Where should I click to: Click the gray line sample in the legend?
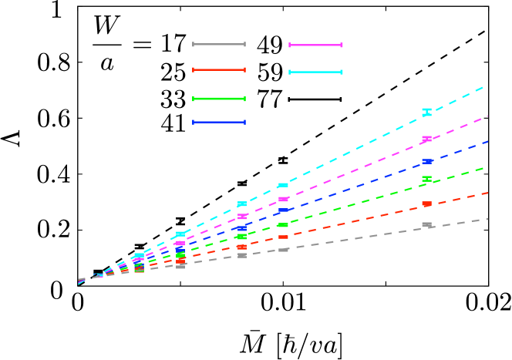coord(219,45)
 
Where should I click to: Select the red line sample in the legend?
coord(219,70)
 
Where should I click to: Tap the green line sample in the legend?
coord(219,99)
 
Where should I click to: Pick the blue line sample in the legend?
coord(219,122)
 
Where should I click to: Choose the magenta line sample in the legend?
coord(315,45)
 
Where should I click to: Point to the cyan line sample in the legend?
coord(315,72)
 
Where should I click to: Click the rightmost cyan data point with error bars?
coord(426,113)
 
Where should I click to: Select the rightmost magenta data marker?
coord(426,139)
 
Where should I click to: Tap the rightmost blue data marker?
coord(426,161)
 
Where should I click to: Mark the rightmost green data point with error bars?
coord(426,179)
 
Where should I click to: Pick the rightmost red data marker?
coord(426,204)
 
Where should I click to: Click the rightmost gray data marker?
coord(426,224)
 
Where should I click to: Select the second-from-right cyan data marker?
coord(283,185)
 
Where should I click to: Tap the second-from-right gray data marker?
coord(283,250)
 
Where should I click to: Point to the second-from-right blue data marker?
coord(283,210)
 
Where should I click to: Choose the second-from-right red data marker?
coord(283,237)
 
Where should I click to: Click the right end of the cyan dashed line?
coord(484,87)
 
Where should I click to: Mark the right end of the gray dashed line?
coord(487,220)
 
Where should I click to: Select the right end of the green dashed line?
coord(484,167)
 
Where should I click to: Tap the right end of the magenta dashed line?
coord(487,116)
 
